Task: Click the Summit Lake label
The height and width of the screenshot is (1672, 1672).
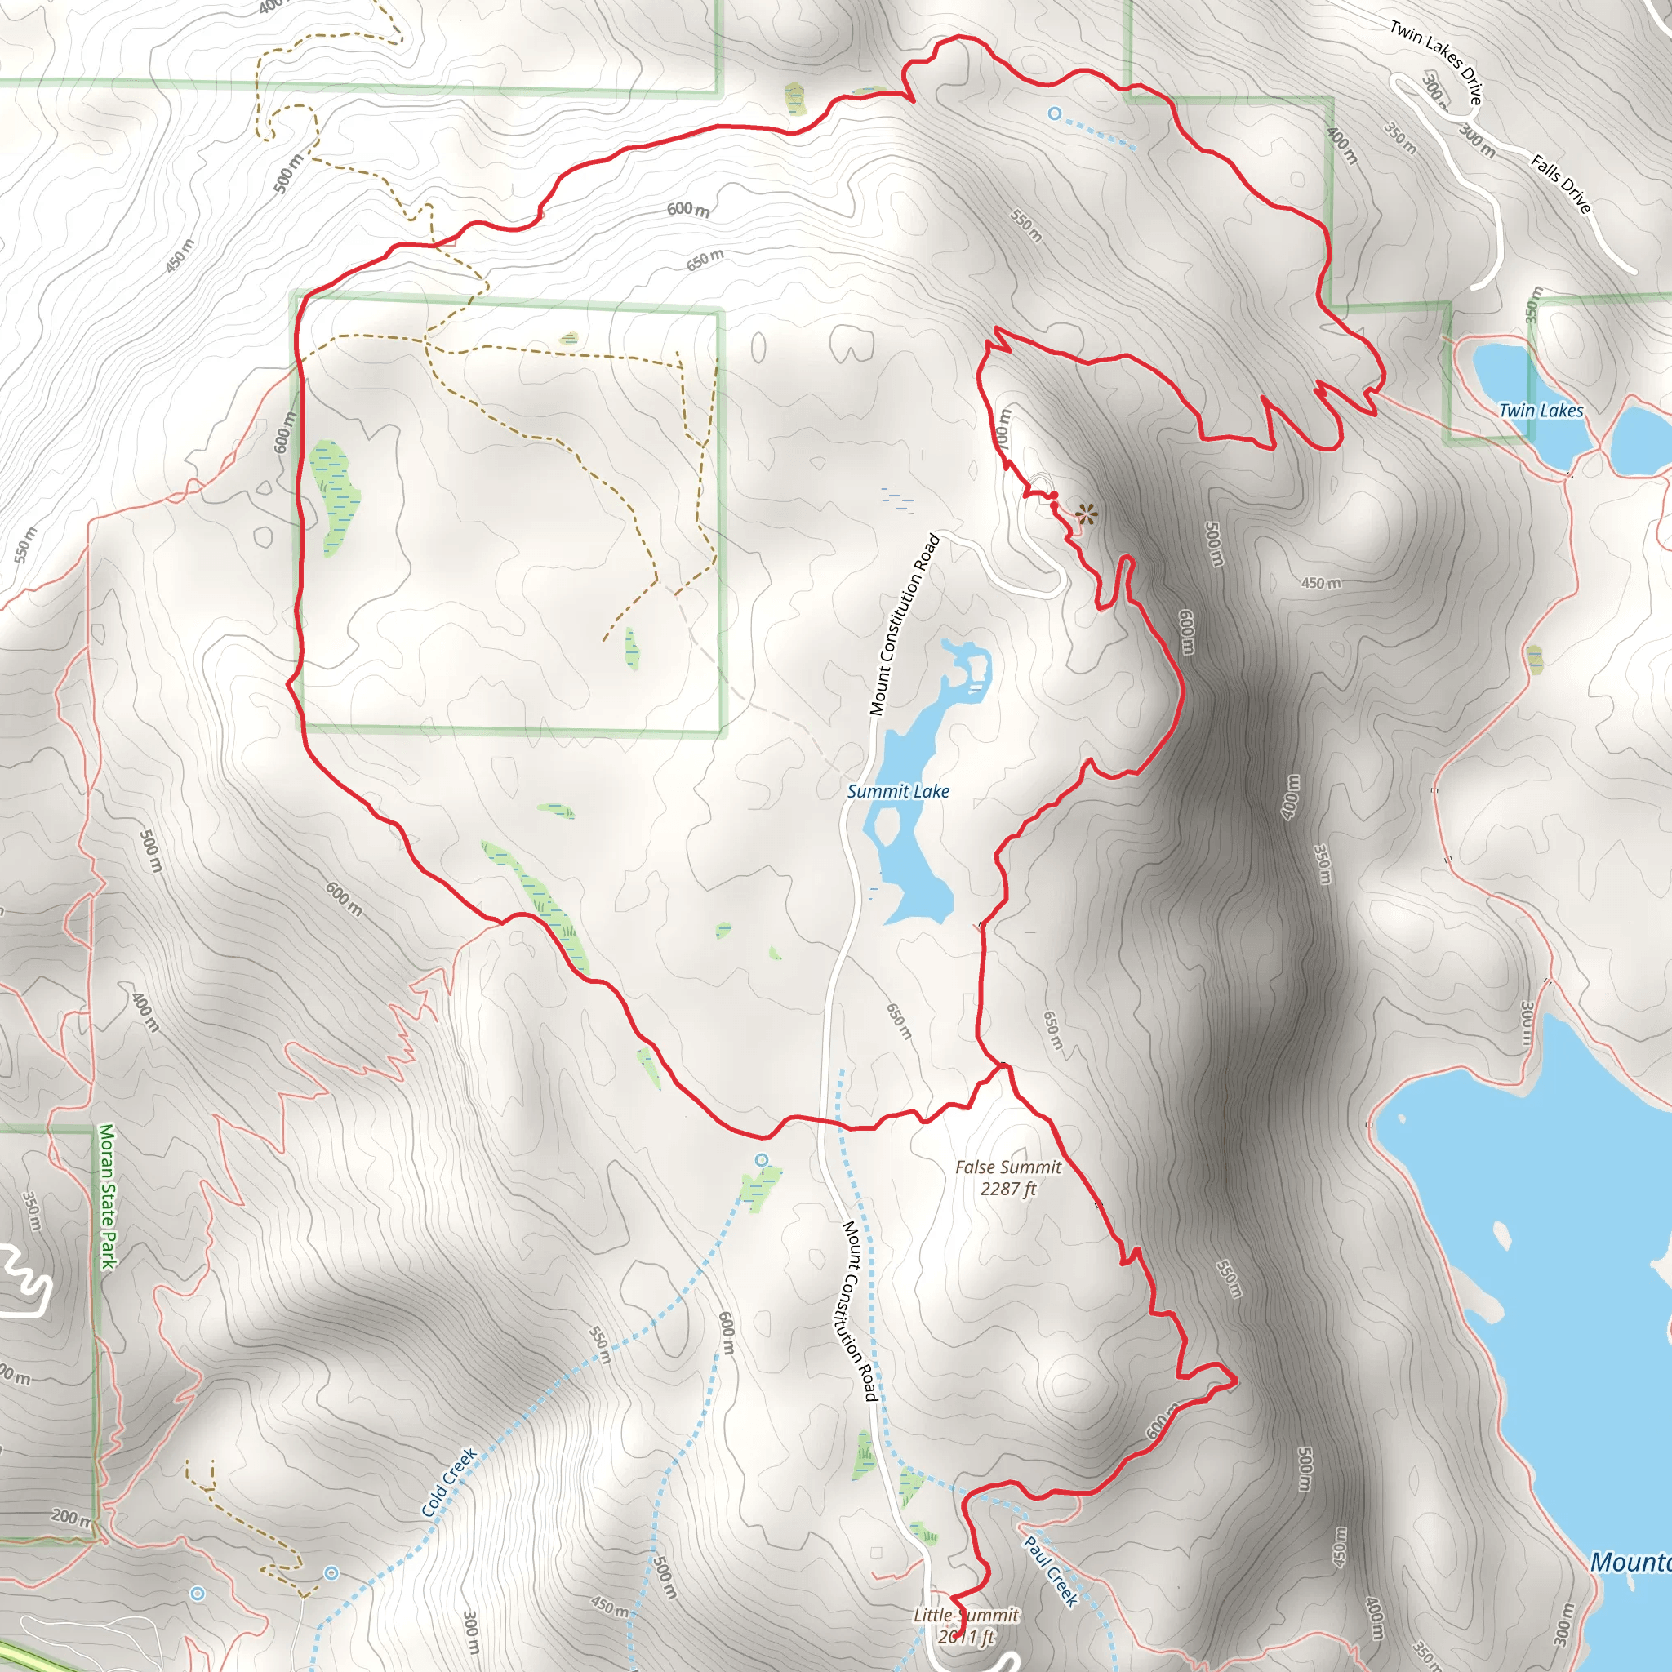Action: [x=897, y=791]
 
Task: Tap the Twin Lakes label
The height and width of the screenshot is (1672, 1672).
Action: [x=1541, y=410]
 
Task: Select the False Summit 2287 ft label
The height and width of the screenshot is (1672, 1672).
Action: [x=1007, y=1178]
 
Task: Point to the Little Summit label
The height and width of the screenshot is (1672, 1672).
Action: [x=966, y=1616]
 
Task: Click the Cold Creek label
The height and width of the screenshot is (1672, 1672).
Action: [x=449, y=1483]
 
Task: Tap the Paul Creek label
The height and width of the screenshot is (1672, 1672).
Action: [x=1051, y=1570]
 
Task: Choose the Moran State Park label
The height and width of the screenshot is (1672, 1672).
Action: [x=107, y=1196]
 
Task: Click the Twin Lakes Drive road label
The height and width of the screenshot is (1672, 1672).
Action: [x=1436, y=61]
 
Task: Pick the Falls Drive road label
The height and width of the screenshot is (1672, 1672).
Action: [x=1560, y=184]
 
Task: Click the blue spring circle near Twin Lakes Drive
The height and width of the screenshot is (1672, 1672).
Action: [x=1054, y=113]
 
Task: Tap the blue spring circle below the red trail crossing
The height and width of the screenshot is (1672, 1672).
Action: [x=762, y=1159]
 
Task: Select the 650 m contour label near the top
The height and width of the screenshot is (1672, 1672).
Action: [x=705, y=260]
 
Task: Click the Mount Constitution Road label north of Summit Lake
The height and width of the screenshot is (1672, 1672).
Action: [x=905, y=625]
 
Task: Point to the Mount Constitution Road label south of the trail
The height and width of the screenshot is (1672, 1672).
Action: [x=860, y=1311]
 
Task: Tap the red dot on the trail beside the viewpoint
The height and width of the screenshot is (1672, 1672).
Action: [x=1053, y=495]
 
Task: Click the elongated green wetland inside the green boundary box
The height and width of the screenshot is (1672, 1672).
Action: [x=335, y=498]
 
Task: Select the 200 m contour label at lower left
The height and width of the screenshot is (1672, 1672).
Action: [x=70, y=1516]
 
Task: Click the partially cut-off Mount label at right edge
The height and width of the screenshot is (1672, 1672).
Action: [x=1630, y=1562]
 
